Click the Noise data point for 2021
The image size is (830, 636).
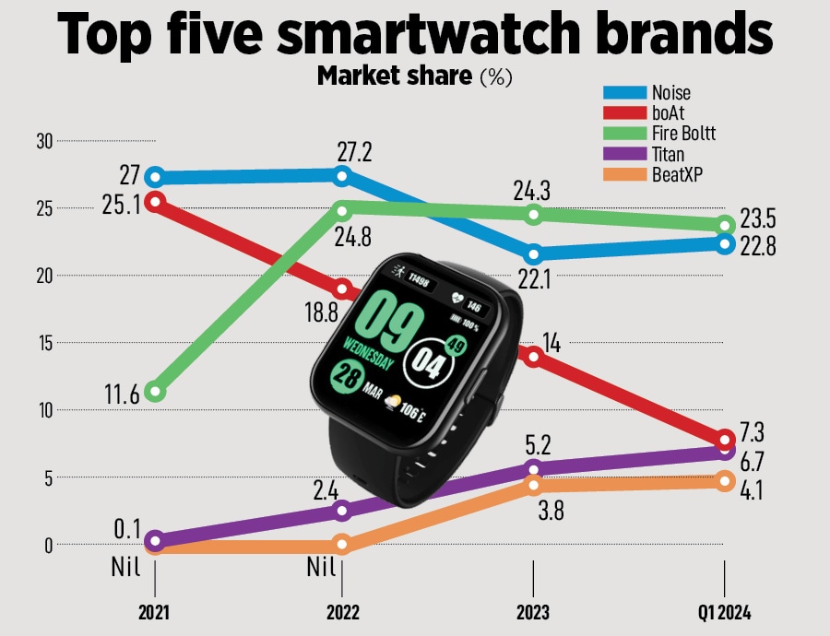tap(156, 177)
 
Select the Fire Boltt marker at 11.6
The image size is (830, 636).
tap(156, 392)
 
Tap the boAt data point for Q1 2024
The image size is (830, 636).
tap(725, 439)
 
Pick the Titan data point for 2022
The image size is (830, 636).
tap(342, 510)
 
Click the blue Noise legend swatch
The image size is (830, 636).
tap(623, 92)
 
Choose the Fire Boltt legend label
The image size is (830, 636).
tap(683, 134)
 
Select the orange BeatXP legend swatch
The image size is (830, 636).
tap(623, 175)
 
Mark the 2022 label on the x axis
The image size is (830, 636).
tap(342, 611)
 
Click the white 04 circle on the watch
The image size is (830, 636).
tap(429, 358)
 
